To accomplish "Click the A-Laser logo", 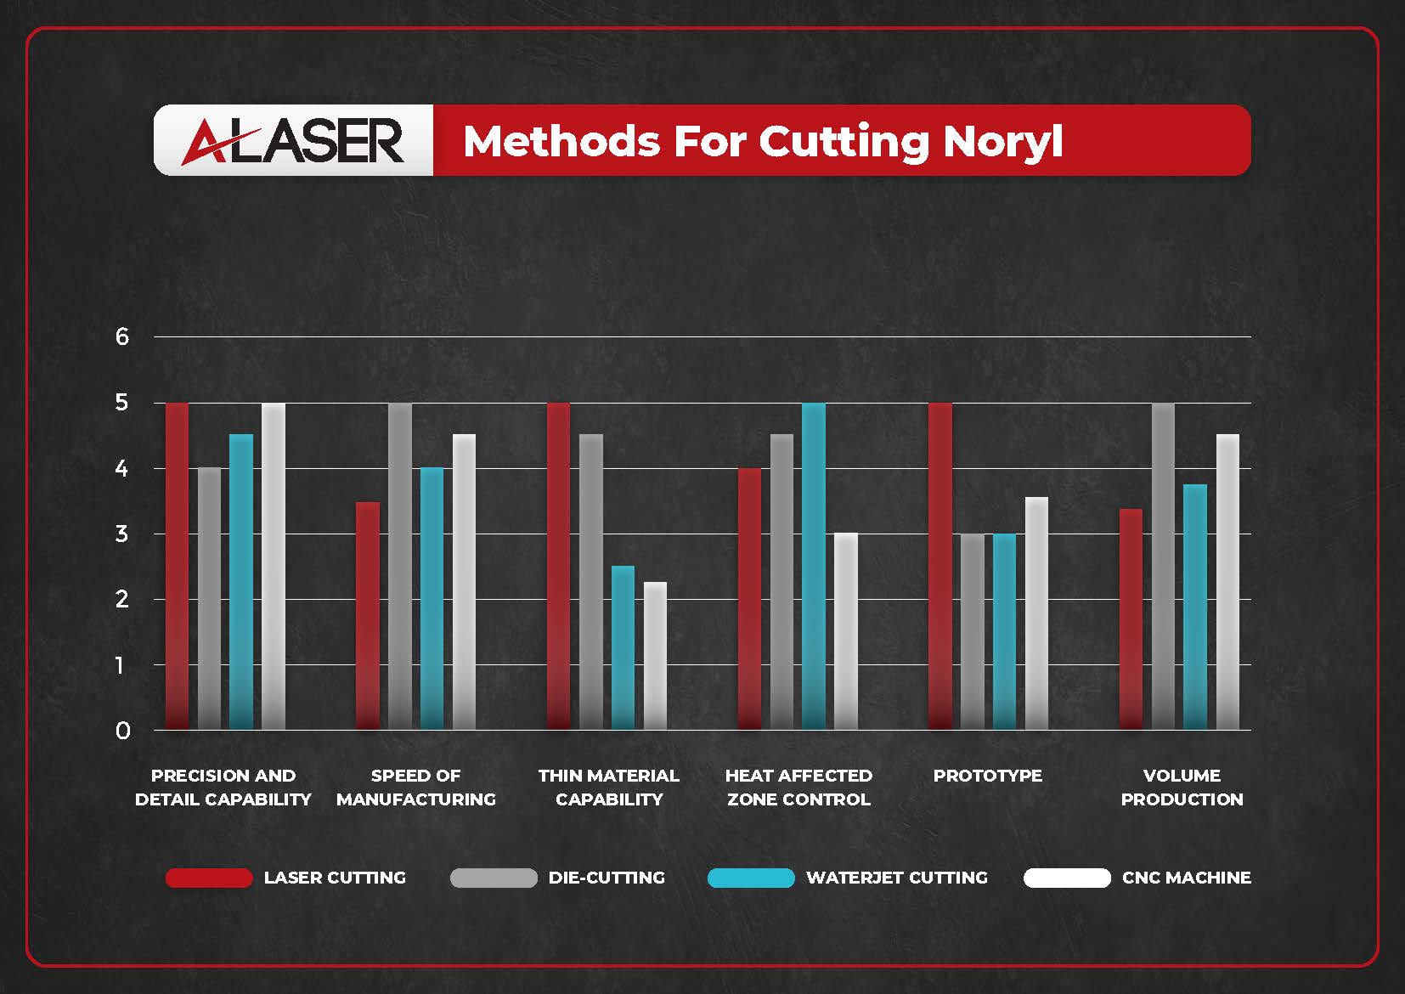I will point(293,141).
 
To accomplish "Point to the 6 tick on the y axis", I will point(122,337).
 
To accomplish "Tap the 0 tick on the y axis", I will point(122,731).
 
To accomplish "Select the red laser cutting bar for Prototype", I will point(940,566).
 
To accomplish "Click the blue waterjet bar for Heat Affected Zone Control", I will point(814,566).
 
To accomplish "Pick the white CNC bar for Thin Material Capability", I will point(655,656).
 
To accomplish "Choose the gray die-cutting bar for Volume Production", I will point(1163,566).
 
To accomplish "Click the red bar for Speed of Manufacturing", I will point(368,616).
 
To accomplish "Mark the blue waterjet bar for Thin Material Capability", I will point(623,647).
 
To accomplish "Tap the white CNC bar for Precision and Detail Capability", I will point(274,566).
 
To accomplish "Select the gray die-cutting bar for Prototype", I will point(973,631).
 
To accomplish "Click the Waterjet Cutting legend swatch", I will point(751,878).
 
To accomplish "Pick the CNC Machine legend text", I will point(1186,878).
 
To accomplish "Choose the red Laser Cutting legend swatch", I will point(209,878).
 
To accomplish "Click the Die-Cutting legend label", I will point(607,878).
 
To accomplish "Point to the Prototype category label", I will point(987,776).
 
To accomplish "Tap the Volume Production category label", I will point(1182,788).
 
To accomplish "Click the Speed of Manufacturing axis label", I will point(415,788).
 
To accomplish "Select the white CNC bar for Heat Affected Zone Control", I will point(846,631).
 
